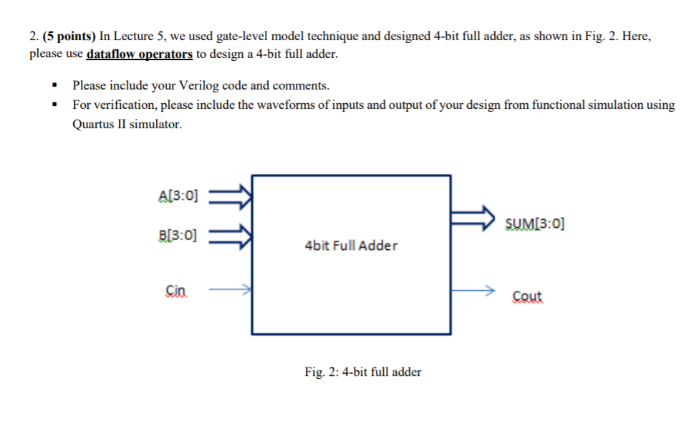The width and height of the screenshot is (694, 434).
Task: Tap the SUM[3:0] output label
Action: point(534,223)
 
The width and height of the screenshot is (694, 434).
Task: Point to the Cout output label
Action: point(527,296)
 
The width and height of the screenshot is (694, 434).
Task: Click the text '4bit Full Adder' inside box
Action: point(351,246)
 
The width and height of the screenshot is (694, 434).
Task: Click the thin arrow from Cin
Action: point(229,290)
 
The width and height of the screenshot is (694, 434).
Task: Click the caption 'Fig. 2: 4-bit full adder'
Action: point(362,372)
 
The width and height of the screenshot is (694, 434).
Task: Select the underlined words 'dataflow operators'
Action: point(139,54)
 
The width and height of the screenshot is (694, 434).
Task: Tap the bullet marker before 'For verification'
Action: point(54,105)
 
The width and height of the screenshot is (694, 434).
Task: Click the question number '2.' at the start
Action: point(34,36)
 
